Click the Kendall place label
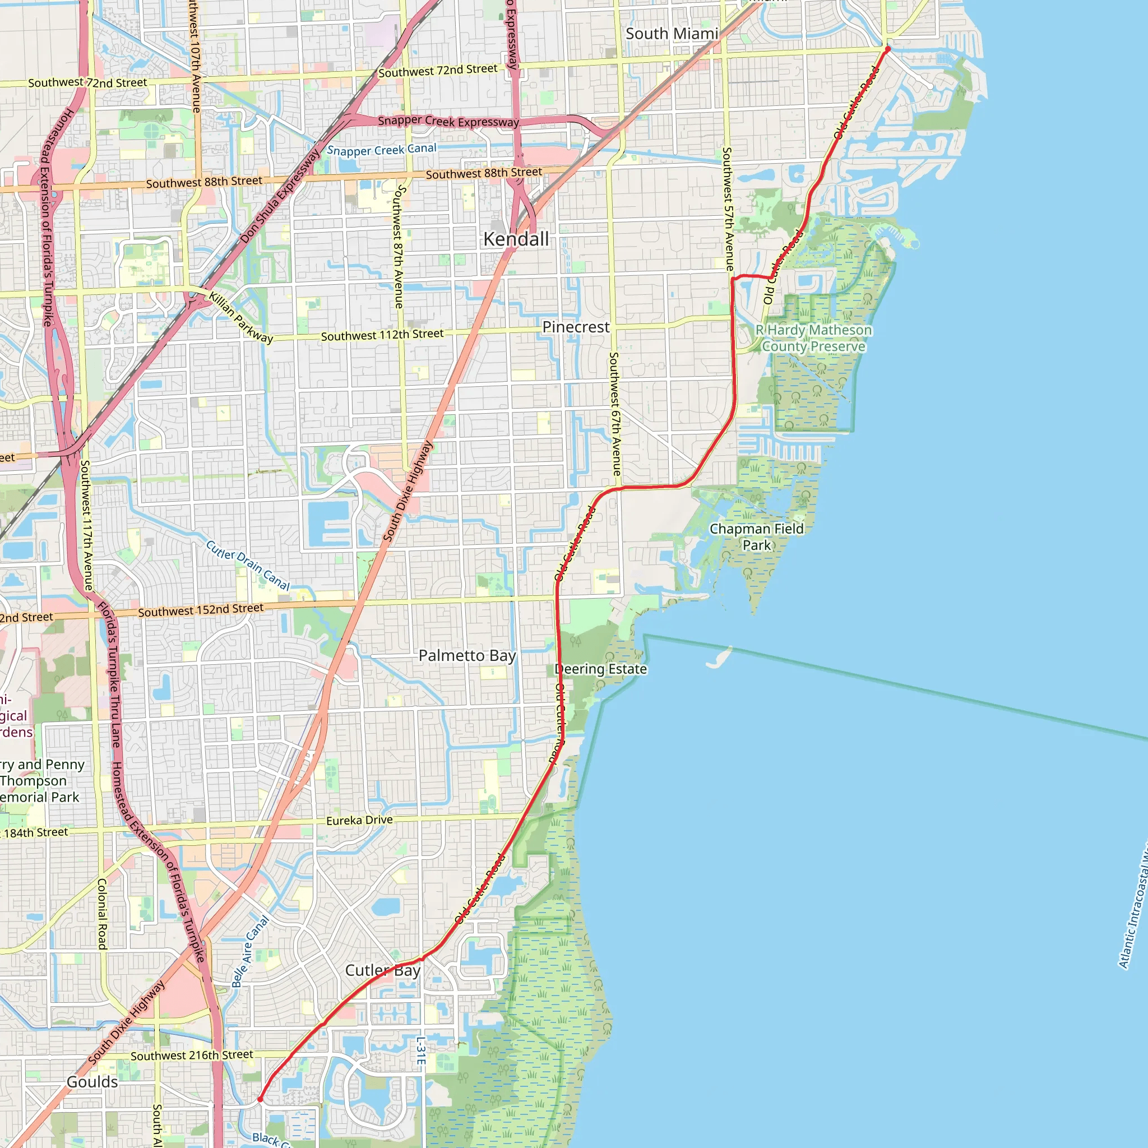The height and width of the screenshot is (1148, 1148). [516, 239]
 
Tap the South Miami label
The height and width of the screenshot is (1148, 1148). [672, 34]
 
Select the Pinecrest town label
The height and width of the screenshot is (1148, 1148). [576, 327]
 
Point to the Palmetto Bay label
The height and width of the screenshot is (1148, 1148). [467, 655]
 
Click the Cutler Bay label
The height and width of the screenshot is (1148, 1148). [383, 970]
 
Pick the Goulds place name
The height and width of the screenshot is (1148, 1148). [92, 1081]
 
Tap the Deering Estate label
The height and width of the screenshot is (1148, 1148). [600, 669]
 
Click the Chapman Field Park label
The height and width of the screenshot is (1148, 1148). [756, 536]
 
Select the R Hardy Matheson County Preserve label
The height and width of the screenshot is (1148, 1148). [813, 338]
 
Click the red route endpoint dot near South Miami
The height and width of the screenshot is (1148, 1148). [888, 49]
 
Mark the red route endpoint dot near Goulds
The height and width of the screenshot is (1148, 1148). [260, 1099]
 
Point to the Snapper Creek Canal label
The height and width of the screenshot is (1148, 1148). [382, 150]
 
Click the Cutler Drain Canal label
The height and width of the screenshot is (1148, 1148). [248, 565]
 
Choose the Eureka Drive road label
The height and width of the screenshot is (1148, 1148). [359, 820]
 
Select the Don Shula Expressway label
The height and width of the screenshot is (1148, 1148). [280, 196]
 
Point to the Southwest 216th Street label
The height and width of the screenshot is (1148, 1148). [191, 1056]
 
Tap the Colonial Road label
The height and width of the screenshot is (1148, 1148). [101, 913]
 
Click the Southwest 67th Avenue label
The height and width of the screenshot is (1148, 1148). [615, 414]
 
